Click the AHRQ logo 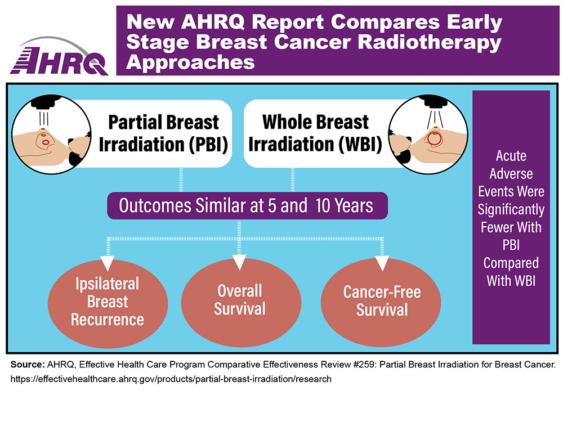click(x=59, y=57)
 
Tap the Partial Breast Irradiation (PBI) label click(x=163, y=133)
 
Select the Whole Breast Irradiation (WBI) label click(x=315, y=133)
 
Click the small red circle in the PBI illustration click(x=46, y=142)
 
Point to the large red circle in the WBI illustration click(x=435, y=138)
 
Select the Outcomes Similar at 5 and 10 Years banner click(x=247, y=205)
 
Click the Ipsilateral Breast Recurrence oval click(x=108, y=303)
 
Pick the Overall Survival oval click(x=241, y=303)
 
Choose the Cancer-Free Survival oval click(x=381, y=303)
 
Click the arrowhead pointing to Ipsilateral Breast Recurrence click(x=108, y=263)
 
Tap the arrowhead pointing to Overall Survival click(x=239, y=262)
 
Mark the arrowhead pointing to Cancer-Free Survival click(x=382, y=263)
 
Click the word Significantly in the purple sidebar click(x=511, y=209)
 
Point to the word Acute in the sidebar click(x=511, y=156)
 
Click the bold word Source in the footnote click(x=27, y=365)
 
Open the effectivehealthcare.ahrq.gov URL click(x=171, y=379)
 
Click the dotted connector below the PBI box click(x=181, y=180)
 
